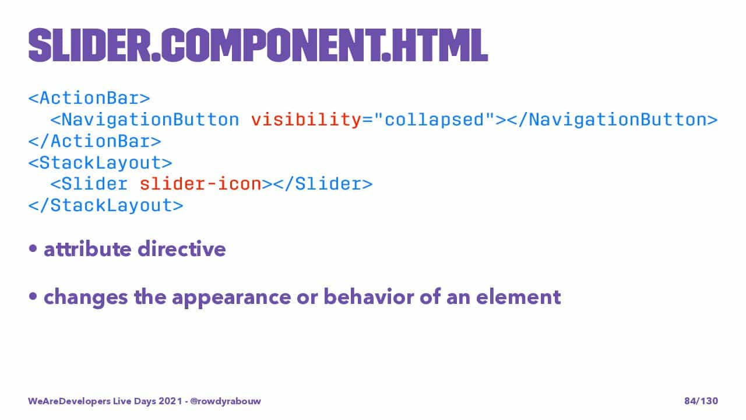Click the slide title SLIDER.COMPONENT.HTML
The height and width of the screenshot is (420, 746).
point(258,45)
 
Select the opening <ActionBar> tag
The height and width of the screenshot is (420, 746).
point(89,99)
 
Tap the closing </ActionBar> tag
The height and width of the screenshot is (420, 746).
point(95,141)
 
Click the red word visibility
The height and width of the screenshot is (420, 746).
point(306,120)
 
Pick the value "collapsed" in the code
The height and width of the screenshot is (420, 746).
point(434,120)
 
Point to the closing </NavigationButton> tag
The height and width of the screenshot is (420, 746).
point(612,120)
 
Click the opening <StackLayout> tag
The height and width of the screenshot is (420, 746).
point(100,163)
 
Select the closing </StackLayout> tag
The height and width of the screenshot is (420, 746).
point(106,206)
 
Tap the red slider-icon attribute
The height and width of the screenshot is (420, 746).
point(200,184)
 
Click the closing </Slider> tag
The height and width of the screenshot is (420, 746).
point(323,184)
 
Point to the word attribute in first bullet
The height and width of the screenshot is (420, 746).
point(87,249)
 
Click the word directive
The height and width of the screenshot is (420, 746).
point(182,249)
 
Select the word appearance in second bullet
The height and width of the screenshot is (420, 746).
point(231,297)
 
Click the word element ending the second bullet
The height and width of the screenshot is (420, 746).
point(519,297)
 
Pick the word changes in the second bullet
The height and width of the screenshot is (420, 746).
point(86,297)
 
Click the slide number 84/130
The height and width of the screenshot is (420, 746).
point(701,401)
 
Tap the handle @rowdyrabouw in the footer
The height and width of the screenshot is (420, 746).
point(226,401)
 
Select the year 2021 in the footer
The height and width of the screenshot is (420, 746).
point(170,401)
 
